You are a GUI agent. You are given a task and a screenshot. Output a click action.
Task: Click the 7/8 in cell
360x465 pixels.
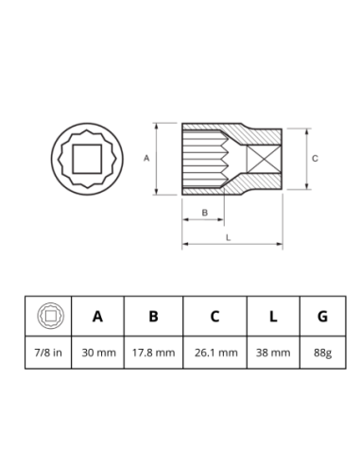click(x=48, y=353)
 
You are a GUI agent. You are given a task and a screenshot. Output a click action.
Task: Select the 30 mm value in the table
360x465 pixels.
click(x=98, y=353)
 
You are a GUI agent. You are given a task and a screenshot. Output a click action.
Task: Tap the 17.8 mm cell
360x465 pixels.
click(x=153, y=353)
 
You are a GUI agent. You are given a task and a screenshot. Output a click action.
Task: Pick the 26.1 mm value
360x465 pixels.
click(x=216, y=353)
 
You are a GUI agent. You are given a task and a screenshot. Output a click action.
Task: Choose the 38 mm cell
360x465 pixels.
click(x=273, y=353)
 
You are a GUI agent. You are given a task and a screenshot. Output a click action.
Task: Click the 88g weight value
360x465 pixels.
click(x=323, y=353)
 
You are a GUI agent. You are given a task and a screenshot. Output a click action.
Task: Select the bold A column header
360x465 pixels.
click(x=97, y=316)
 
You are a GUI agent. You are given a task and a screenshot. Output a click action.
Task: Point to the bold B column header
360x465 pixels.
click(x=153, y=316)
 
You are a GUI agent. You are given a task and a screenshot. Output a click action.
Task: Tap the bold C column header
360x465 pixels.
click(x=214, y=316)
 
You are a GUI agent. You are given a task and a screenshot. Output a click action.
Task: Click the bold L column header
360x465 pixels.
click(x=273, y=316)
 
